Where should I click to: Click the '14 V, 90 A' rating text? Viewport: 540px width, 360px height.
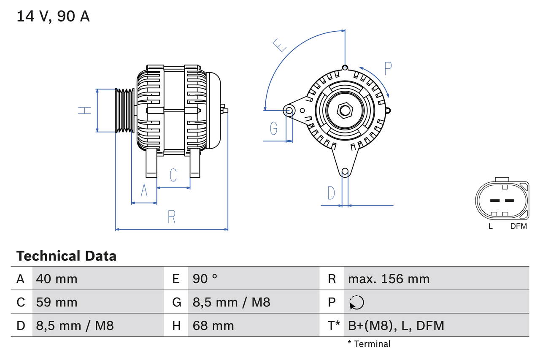click(x=53, y=16)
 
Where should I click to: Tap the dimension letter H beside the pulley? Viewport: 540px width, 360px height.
click(x=85, y=111)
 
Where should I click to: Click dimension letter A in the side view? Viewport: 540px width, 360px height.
click(x=144, y=191)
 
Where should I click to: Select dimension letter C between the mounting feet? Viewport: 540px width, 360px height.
click(x=173, y=175)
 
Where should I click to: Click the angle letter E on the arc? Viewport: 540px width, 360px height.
click(x=279, y=45)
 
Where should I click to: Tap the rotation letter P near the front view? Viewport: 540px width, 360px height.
click(x=388, y=68)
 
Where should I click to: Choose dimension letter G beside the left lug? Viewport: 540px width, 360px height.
click(x=273, y=127)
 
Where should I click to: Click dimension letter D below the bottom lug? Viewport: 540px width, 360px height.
click(x=331, y=193)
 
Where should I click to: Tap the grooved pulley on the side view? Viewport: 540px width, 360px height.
click(x=125, y=111)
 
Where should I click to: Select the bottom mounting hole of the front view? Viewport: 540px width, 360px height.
click(x=345, y=171)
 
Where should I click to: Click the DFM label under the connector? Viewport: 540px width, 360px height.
click(x=518, y=226)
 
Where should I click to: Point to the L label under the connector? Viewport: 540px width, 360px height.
click(x=490, y=226)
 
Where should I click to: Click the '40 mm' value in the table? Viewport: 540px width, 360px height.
click(x=57, y=279)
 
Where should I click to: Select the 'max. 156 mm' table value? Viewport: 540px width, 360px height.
click(x=389, y=279)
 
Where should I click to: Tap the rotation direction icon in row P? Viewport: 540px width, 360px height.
click(x=356, y=302)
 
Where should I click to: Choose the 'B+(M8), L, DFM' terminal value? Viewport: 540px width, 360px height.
click(x=396, y=325)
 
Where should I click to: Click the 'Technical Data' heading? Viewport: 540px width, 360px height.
click(x=66, y=256)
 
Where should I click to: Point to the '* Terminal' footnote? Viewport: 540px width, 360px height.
click(x=369, y=344)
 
